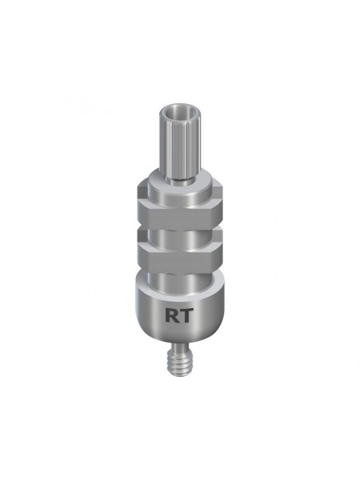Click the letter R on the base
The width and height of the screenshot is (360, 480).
tap(172, 314)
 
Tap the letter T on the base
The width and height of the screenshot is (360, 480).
tap(186, 314)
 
